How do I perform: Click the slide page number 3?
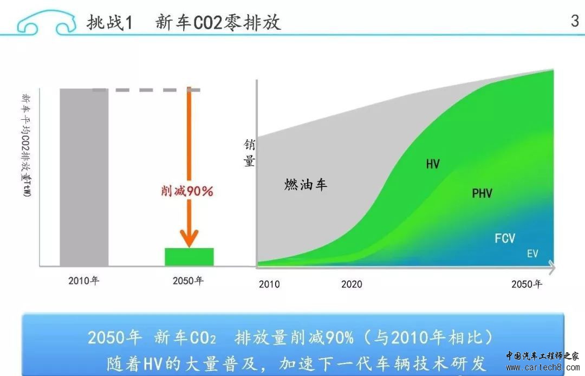[575, 21]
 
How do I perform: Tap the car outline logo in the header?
[45, 23]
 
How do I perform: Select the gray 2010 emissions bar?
[84, 177]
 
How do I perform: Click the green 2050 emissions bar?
[189, 257]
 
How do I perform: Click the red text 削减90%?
[187, 191]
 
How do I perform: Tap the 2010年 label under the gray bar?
[83, 281]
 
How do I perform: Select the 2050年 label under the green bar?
[188, 281]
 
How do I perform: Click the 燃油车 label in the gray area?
[305, 184]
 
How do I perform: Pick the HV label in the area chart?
[433, 164]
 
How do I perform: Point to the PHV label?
[482, 193]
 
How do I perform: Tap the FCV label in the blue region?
[505, 238]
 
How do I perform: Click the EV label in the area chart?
[532, 254]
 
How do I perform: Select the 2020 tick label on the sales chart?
[352, 284]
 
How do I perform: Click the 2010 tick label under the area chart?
[269, 284]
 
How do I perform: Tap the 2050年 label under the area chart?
[526, 284]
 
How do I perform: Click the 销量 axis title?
[249, 153]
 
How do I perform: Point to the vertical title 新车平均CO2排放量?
[26, 146]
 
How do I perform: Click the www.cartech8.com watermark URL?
[542, 367]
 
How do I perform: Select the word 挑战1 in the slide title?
[109, 22]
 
